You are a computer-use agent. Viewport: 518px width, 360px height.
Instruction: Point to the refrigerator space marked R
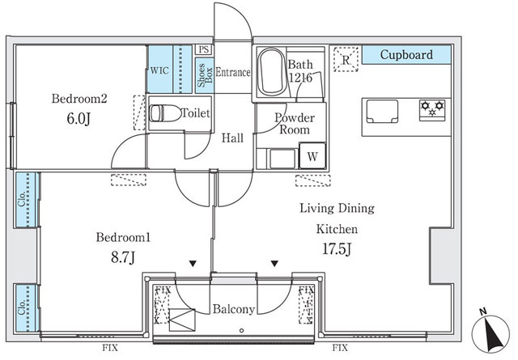pos(346,59)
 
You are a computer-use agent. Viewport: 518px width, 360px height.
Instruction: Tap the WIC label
pos(159,70)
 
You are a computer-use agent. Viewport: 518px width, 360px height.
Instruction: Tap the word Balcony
pos(234,309)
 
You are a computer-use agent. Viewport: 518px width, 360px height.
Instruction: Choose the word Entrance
pos(233,73)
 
